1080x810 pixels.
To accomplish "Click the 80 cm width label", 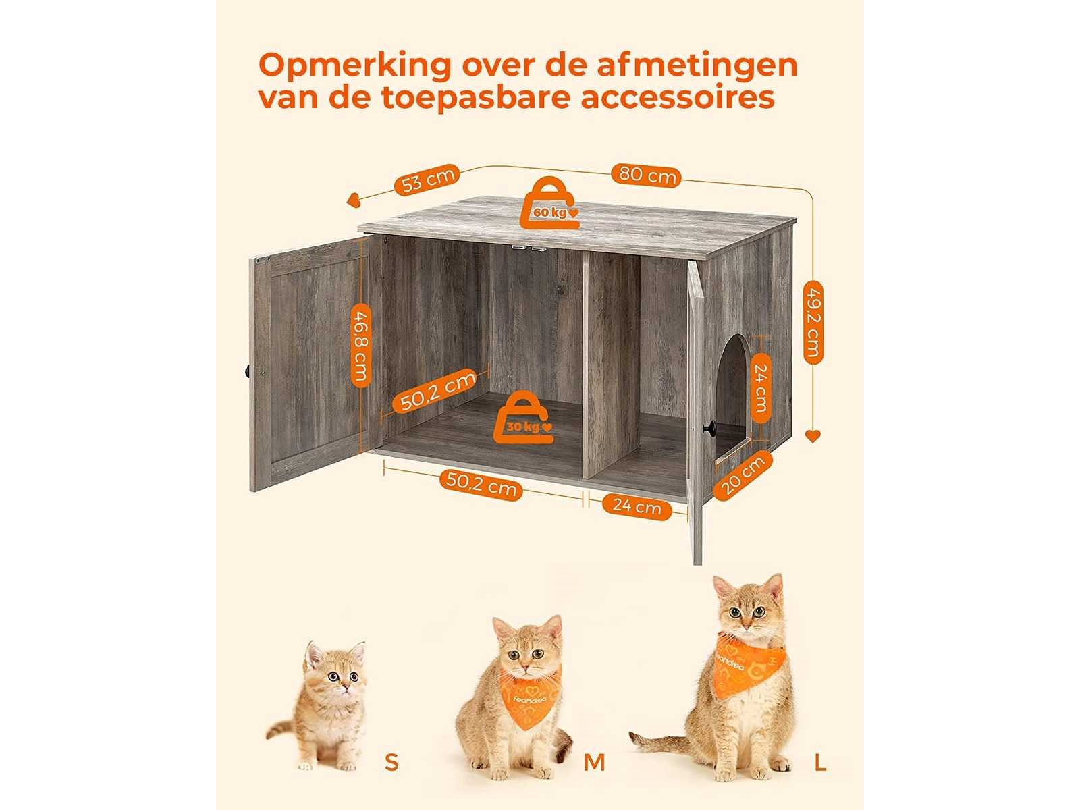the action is click(x=645, y=175).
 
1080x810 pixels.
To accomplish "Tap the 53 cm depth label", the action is click(x=427, y=180).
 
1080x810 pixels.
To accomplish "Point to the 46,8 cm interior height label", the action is click(x=360, y=346).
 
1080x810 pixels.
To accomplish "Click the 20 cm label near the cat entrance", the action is click(x=743, y=475).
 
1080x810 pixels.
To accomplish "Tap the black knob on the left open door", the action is click(x=248, y=371).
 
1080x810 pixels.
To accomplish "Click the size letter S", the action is click(x=391, y=762).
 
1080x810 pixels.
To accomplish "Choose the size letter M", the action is click(x=594, y=762).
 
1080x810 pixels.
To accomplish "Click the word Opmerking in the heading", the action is click(x=355, y=67).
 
